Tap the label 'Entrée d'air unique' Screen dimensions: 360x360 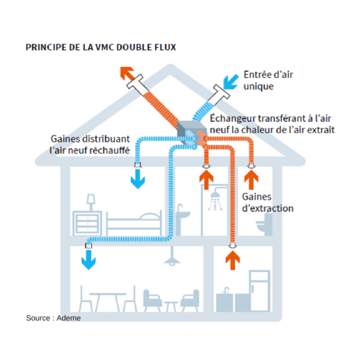268,80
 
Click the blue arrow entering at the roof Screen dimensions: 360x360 231,81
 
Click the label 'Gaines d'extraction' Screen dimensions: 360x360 267,202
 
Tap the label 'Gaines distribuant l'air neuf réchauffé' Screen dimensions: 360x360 90,144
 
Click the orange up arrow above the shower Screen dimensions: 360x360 207,179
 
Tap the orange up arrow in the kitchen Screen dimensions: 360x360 232,260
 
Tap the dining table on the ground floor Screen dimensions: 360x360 108,299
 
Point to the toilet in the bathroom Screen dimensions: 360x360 268,223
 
